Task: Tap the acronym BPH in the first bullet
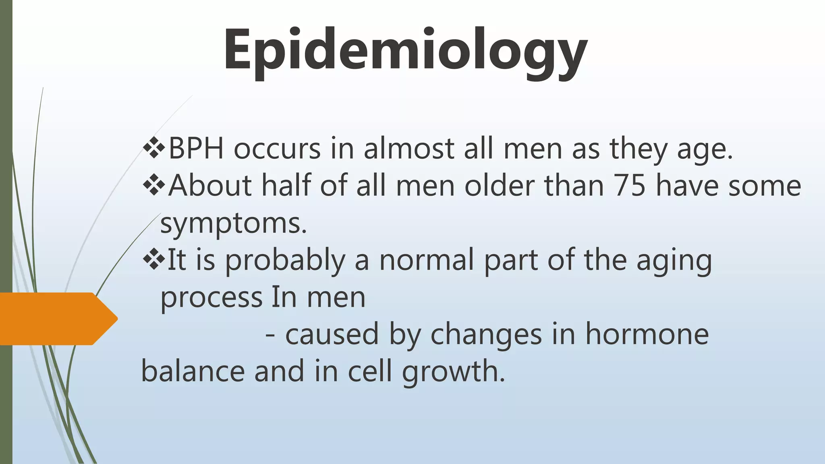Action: (196, 148)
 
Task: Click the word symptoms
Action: (234, 224)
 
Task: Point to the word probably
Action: (285, 261)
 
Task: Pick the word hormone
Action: (647, 334)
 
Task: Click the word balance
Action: (193, 371)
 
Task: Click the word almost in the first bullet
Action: (408, 148)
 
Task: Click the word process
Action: (211, 298)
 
